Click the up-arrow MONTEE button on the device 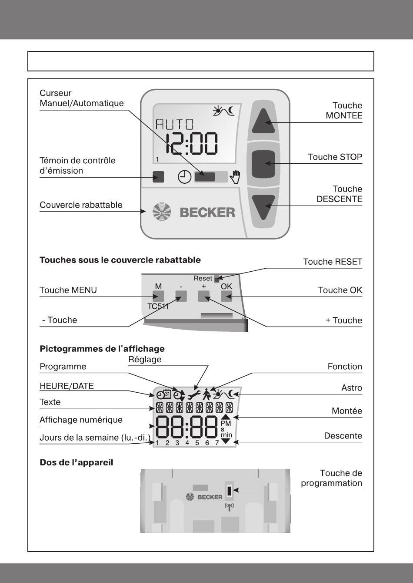click(x=263, y=121)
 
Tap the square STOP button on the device click(x=263, y=163)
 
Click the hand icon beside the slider click(x=235, y=177)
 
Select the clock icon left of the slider click(x=185, y=177)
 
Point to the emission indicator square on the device click(x=158, y=177)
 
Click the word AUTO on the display click(x=175, y=125)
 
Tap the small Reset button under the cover click(x=217, y=278)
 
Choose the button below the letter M click(x=158, y=297)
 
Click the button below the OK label click(x=226, y=297)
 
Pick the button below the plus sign click(x=204, y=297)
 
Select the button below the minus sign click(x=181, y=297)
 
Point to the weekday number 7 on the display click(x=217, y=443)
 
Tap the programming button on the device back click(x=229, y=490)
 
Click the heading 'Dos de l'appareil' click(x=77, y=462)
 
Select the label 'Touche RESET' click(x=332, y=262)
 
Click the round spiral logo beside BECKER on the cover click(x=162, y=212)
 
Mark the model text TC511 click(x=158, y=306)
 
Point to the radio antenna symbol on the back click(x=229, y=506)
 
